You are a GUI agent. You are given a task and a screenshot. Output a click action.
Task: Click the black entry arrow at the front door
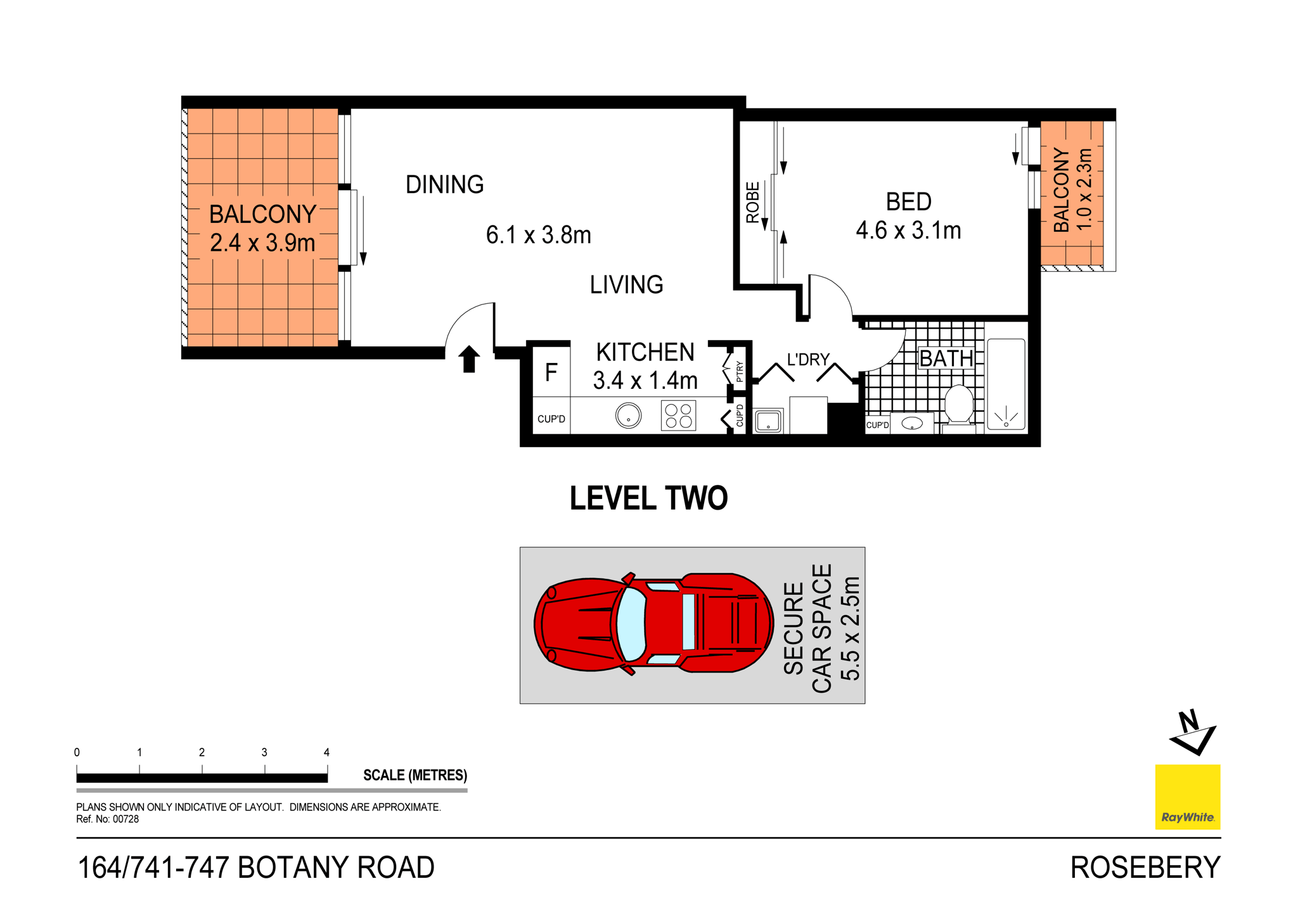[x=468, y=359]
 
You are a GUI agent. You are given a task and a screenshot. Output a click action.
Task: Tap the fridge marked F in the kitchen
[x=551, y=372]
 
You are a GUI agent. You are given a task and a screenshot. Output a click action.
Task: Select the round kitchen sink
[x=628, y=416]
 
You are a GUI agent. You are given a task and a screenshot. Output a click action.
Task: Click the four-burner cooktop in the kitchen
[x=678, y=416]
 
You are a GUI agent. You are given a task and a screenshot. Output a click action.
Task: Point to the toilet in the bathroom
[x=958, y=405]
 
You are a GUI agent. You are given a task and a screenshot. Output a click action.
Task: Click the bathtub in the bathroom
[x=1006, y=385]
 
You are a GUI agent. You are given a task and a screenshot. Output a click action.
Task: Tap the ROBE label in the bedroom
[x=752, y=203]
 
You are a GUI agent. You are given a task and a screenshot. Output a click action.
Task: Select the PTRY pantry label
[x=740, y=371]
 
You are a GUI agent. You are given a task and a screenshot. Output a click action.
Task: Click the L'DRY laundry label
[x=807, y=360]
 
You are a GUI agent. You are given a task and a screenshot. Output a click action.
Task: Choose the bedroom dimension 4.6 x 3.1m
[x=908, y=231]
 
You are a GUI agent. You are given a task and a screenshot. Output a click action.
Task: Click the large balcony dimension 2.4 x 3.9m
[x=262, y=243]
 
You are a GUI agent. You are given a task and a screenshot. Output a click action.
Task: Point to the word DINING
[x=444, y=185]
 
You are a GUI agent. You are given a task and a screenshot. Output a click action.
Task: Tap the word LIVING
[x=626, y=285]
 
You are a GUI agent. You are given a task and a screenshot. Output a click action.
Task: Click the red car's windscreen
[x=631, y=624]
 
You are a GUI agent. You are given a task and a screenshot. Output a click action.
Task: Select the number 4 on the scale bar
[x=326, y=752]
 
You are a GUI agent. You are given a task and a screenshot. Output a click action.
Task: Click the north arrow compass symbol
[x=1192, y=733]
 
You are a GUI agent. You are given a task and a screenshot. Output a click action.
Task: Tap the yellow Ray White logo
[x=1187, y=797]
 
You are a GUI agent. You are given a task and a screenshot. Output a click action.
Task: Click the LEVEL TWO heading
[x=648, y=498]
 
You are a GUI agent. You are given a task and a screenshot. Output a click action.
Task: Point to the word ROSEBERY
[x=1145, y=868]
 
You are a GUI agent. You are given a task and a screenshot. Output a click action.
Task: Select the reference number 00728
[x=125, y=819]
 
